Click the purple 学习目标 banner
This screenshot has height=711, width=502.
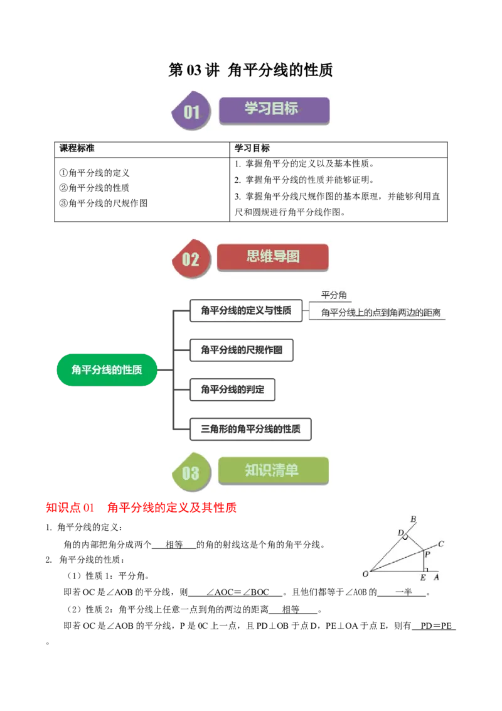[274, 110]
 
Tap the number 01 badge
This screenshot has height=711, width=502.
[191, 112]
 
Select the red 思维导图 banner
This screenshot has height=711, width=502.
[272, 258]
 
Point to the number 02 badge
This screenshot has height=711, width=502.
[191, 259]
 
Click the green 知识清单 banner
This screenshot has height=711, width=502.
[273, 470]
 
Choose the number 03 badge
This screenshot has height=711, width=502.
[191, 473]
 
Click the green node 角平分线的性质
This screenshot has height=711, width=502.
[106, 369]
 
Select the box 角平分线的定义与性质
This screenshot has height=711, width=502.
[246, 310]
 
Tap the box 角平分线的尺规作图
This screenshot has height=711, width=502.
[242, 350]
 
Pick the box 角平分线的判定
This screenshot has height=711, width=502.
[232, 389]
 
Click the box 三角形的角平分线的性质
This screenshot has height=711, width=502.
[250, 429]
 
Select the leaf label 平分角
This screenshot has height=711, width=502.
[333, 295]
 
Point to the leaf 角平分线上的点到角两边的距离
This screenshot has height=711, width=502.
[380, 312]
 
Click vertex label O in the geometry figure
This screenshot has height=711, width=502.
[365, 573]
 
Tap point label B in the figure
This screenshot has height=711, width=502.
[413, 519]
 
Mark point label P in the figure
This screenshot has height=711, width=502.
[427, 554]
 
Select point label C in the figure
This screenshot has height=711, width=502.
[441, 544]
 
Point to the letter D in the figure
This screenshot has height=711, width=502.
[400, 533]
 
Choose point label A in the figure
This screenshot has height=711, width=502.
[436, 577]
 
